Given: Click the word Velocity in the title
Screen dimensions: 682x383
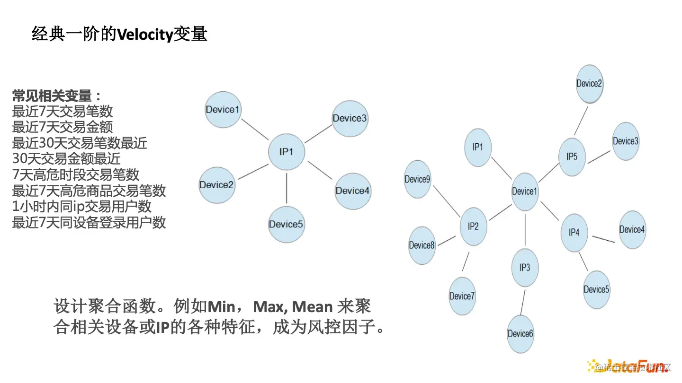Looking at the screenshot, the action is click(144, 35).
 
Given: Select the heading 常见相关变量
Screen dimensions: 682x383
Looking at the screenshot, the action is click(52, 96).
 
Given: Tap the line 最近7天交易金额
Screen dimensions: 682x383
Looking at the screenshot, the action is click(63, 127).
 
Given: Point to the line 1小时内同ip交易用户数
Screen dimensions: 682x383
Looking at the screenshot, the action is click(82, 206).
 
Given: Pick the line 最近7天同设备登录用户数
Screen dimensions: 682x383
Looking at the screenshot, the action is click(89, 222).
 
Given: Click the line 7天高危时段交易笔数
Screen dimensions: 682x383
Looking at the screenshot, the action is click(76, 174).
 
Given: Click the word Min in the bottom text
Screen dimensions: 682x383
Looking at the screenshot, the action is click(221, 307).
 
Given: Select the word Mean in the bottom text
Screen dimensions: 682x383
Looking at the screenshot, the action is click(312, 307).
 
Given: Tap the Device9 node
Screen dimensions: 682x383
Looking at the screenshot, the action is click(417, 179).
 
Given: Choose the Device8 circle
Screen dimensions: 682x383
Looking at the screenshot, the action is click(422, 245).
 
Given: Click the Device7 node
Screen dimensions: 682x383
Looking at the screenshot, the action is click(462, 296).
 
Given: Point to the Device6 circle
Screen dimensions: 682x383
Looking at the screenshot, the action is click(520, 334).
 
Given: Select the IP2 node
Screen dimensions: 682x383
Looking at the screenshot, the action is click(473, 226).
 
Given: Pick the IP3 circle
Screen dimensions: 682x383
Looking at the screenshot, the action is click(525, 268).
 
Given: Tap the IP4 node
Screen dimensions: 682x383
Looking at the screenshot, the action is click(574, 232).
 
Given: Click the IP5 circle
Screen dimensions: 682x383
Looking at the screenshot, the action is click(572, 157).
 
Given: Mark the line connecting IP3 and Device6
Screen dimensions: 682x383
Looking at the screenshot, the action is click(523, 302).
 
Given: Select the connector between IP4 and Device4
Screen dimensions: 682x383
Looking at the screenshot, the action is click(603, 238).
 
